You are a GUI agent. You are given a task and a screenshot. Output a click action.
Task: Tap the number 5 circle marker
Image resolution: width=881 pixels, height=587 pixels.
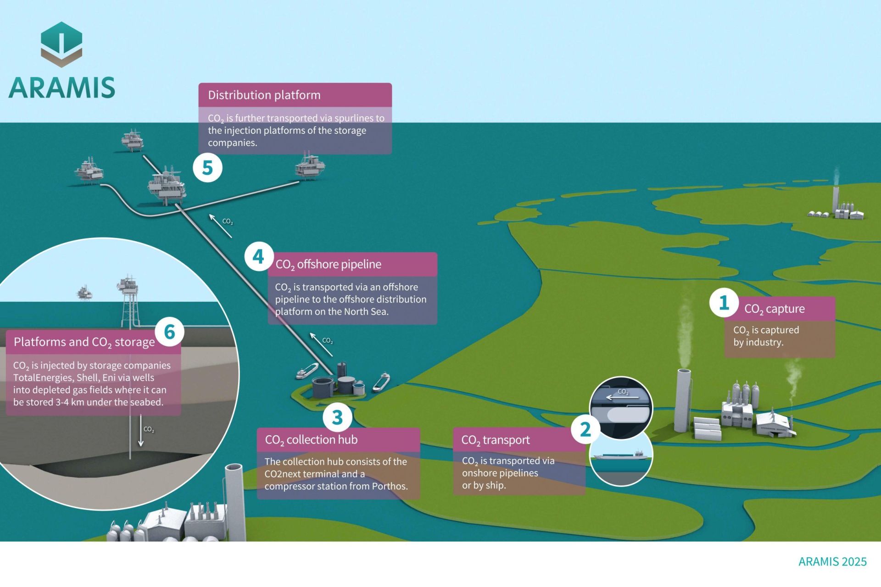207,168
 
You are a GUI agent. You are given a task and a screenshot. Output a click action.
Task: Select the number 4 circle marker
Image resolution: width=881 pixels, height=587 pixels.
259,256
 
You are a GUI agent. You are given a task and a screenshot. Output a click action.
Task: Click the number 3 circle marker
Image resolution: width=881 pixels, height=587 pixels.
337,417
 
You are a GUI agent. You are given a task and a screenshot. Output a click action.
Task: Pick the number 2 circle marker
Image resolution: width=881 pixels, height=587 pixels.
585,429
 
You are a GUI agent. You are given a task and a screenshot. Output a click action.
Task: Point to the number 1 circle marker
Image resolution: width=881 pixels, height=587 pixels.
724,302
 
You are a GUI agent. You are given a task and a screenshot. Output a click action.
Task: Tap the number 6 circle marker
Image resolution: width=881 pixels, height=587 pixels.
169,332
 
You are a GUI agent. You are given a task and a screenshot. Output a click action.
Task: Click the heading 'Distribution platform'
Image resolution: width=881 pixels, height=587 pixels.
264,95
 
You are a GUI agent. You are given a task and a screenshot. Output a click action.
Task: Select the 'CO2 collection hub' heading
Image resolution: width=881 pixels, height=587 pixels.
311,440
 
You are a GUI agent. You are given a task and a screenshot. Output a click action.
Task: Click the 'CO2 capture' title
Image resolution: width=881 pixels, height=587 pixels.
775,309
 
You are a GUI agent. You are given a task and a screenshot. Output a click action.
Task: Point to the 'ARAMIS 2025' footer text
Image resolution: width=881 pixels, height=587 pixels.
832,562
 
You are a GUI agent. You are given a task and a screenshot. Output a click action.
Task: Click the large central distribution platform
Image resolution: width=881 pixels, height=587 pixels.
167,186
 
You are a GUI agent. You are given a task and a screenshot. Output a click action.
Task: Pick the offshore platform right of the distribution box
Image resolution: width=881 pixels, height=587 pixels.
310,166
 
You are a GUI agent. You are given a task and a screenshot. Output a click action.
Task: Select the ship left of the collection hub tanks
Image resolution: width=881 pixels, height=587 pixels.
307,371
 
